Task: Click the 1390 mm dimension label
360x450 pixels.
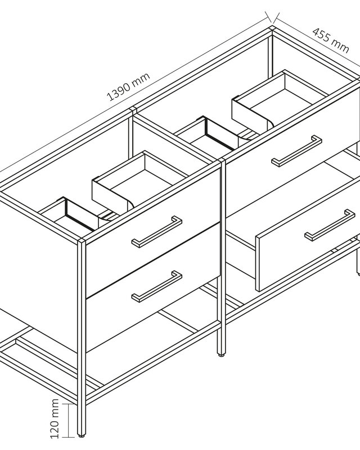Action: click(128, 87)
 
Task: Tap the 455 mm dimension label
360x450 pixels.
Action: click(331, 40)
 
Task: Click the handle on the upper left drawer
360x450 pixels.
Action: click(157, 232)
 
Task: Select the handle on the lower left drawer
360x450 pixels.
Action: click(157, 286)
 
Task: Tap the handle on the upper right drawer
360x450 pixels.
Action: click(297, 151)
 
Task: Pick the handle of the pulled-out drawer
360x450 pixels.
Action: click(330, 225)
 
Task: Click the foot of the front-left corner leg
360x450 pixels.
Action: click(82, 435)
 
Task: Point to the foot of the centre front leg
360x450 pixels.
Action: click(220, 355)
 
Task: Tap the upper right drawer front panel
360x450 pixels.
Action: click(293, 152)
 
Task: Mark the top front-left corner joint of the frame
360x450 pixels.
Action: click(82, 241)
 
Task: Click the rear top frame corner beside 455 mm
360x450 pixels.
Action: click(272, 28)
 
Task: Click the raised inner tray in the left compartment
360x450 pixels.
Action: click(140, 180)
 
